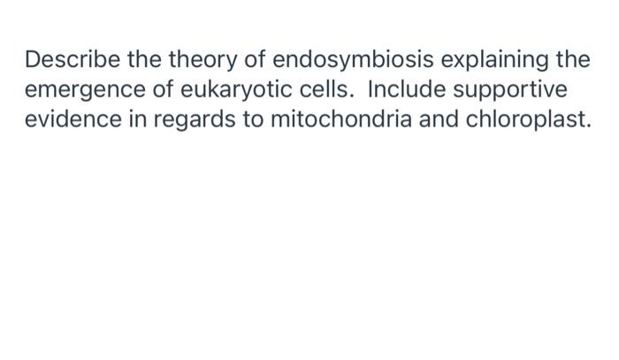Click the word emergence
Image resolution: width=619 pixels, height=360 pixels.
[x=83, y=91]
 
